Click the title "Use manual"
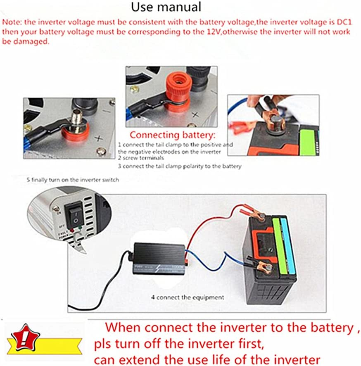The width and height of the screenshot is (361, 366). (166, 7)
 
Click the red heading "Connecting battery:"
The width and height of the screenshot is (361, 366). (172, 135)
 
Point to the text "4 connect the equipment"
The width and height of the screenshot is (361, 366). (188, 297)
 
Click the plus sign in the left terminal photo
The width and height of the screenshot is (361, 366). (98, 139)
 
